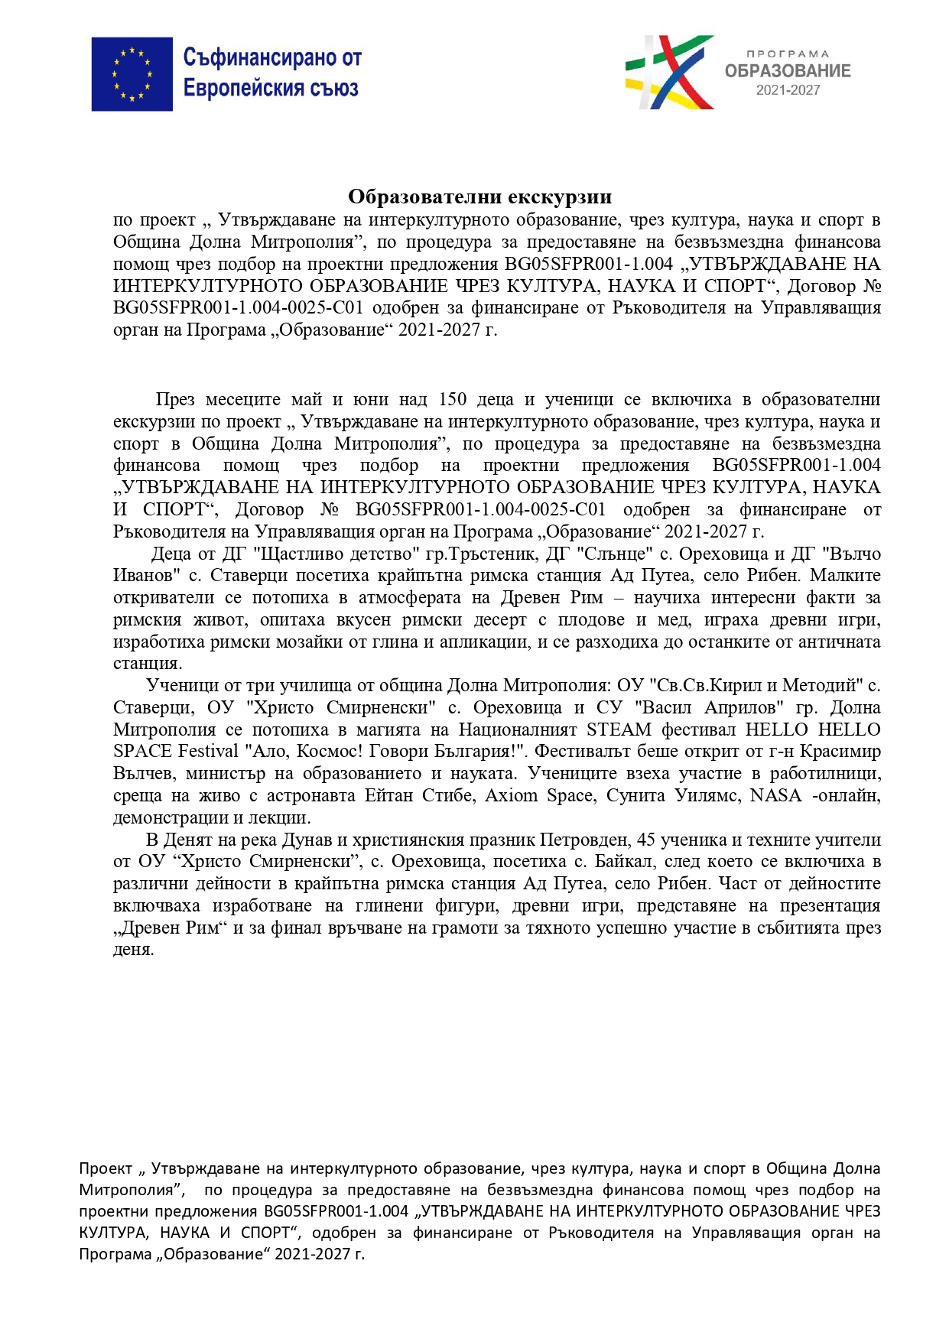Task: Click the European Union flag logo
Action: (132, 74)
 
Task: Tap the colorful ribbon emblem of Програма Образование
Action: (669, 72)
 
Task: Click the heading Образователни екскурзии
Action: (479, 197)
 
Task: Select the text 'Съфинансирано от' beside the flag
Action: (271, 57)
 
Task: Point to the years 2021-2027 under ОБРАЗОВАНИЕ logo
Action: (788, 90)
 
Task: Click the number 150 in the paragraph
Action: (453, 400)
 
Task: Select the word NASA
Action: (775, 796)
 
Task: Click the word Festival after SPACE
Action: (208, 752)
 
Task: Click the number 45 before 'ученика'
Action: (646, 840)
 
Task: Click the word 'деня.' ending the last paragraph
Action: (134, 950)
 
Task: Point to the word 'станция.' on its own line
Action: (148, 664)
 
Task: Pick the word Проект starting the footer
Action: (106, 1169)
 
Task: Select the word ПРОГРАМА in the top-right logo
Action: (788, 54)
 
